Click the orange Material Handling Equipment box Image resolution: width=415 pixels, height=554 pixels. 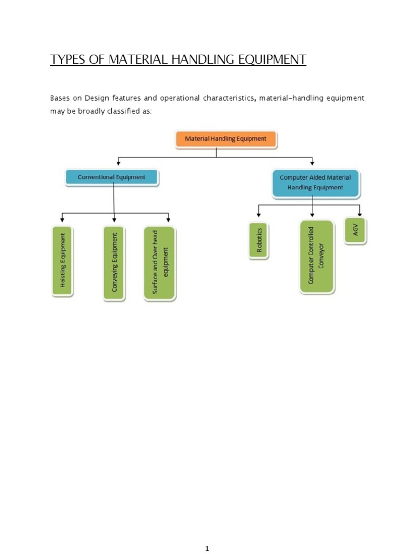[226, 139]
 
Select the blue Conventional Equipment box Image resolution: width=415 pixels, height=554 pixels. [112, 177]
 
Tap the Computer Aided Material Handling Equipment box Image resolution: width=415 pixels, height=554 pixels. [316, 183]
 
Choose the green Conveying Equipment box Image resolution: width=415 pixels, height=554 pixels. [114, 262]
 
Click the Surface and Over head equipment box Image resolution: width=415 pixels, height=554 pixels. [159, 263]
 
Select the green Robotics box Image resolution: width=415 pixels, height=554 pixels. [259, 241]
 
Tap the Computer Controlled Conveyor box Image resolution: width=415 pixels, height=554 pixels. [317, 256]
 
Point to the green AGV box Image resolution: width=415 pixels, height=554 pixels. [355, 231]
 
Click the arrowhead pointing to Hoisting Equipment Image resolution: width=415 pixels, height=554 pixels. [63, 220]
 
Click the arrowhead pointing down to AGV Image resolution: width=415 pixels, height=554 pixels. [359, 214]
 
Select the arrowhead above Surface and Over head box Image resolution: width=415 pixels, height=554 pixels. [169, 220]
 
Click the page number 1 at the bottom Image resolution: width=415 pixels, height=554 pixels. [207, 534]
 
